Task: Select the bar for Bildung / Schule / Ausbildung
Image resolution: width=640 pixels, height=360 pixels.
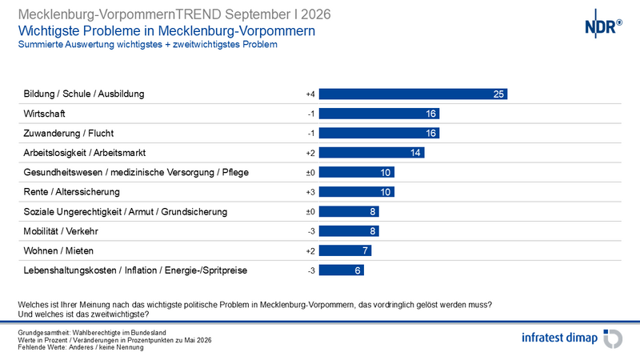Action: (x=413, y=94)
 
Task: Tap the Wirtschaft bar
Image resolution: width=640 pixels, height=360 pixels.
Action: (x=379, y=114)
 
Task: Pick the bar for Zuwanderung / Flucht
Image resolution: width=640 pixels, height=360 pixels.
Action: (x=379, y=133)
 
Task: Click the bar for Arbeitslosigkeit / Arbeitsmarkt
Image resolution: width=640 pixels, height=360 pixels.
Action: (x=372, y=153)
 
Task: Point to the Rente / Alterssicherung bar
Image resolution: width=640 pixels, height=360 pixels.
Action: (x=357, y=192)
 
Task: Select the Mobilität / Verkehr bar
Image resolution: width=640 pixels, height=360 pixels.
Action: (x=349, y=231)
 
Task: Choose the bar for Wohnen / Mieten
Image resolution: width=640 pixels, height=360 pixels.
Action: (x=346, y=250)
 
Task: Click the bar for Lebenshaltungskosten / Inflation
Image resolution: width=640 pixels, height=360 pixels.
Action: (x=342, y=270)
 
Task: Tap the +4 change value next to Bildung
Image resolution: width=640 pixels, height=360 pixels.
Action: (x=310, y=94)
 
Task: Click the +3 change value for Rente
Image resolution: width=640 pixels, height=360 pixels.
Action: (x=310, y=192)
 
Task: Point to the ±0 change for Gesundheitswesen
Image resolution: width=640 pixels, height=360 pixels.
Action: (x=310, y=173)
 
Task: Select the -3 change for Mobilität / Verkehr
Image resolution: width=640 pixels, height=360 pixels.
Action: (x=311, y=231)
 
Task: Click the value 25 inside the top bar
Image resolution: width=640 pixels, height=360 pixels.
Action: (x=498, y=94)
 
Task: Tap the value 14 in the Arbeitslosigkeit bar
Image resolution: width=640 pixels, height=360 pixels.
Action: (x=415, y=153)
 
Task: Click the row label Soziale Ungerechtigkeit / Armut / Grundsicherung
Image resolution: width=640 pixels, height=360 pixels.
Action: (x=126, y=212)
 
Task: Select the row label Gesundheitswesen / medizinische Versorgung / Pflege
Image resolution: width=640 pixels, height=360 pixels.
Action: (x=136, y=173)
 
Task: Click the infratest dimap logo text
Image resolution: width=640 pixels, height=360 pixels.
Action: (x=559, y=338)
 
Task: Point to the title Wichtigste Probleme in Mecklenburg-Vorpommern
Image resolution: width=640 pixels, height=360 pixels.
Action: (x=166, y=31)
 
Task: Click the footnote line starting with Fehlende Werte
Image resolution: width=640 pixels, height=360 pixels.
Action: (x=81, y=347)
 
